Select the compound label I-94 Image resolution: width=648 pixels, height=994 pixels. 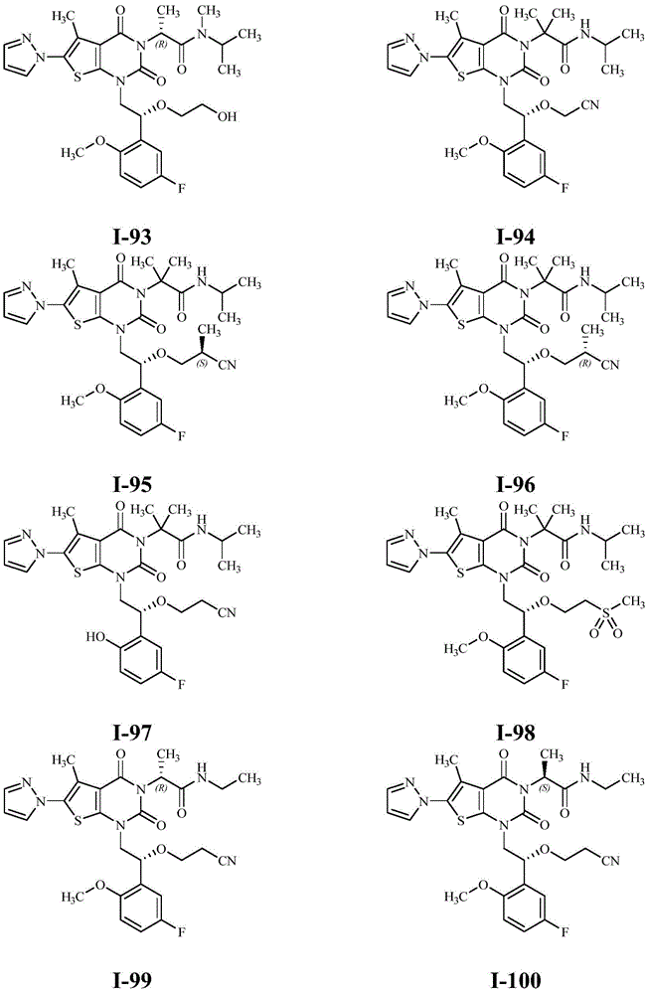click(516, 238)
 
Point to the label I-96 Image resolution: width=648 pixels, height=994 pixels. click(516, 484)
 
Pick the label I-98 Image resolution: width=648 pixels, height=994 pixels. click(516, 733)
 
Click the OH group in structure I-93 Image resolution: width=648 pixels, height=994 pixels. click(227, 116)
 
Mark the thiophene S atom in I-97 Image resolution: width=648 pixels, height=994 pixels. click(77, 575)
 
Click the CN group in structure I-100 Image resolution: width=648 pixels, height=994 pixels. click(609, 860)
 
